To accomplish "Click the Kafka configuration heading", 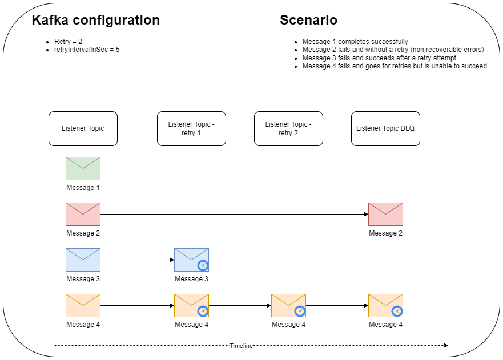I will pos(95,20).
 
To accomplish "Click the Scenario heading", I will pos(308,20).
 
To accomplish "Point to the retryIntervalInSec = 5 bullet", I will pos(86,50).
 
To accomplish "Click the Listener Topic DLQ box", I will pos(385,128).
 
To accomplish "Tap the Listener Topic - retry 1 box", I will pos(191,128).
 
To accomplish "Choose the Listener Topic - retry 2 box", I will pos(288,128).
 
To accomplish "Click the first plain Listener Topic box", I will pos(83,128).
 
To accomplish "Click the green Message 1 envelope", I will pos(83,168).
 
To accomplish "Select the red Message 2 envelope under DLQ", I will pos(385,214).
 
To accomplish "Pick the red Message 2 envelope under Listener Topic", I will pos(83,214).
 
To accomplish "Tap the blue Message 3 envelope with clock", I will pos(191,260).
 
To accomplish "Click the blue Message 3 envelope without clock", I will pos(83,260).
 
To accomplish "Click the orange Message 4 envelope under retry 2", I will pos(288,305).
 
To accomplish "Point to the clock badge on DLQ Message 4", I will pos(397,311).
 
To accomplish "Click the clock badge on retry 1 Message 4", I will pos(203,311).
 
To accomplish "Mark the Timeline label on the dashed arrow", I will pos(241,346).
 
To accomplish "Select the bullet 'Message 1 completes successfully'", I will pos(355,42).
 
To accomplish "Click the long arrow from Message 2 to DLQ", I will pos(234,215).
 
